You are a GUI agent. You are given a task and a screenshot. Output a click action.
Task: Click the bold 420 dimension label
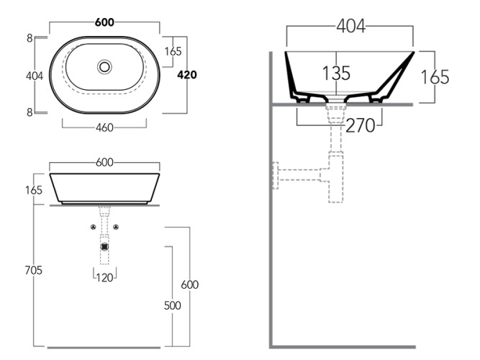coord(187,75)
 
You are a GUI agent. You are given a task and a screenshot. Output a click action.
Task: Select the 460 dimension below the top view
coord(105,128)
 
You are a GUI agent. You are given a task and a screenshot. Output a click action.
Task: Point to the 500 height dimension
coord(172,305)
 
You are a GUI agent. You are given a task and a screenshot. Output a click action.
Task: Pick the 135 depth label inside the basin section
coord(336,73)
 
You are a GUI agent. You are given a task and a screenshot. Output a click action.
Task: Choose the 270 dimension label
coord(361,125)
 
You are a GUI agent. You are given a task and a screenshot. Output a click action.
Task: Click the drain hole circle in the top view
coord(105,67)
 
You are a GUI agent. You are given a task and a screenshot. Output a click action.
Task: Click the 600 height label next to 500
coord(189,284)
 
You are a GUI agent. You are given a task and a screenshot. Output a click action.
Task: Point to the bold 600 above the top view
coord(105,22)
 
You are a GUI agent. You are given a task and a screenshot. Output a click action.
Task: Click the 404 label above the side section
coord(350,27)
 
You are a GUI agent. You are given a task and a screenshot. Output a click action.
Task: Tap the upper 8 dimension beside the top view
coord(30,38)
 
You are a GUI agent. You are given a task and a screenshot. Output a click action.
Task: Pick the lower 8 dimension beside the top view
coord(30,112)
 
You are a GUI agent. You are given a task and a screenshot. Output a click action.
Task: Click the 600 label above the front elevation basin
coord(105,163)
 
